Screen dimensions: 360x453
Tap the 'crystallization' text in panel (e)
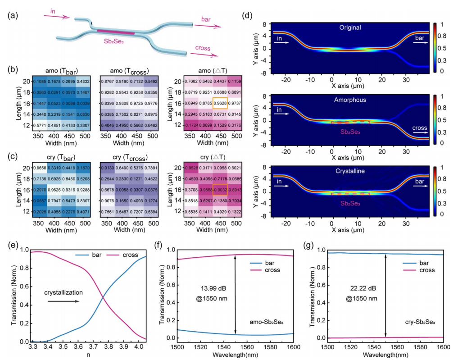pyautogui.click(x=63, y=292)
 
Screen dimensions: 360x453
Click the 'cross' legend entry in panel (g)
pyautogui.click(x=425, y=270)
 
